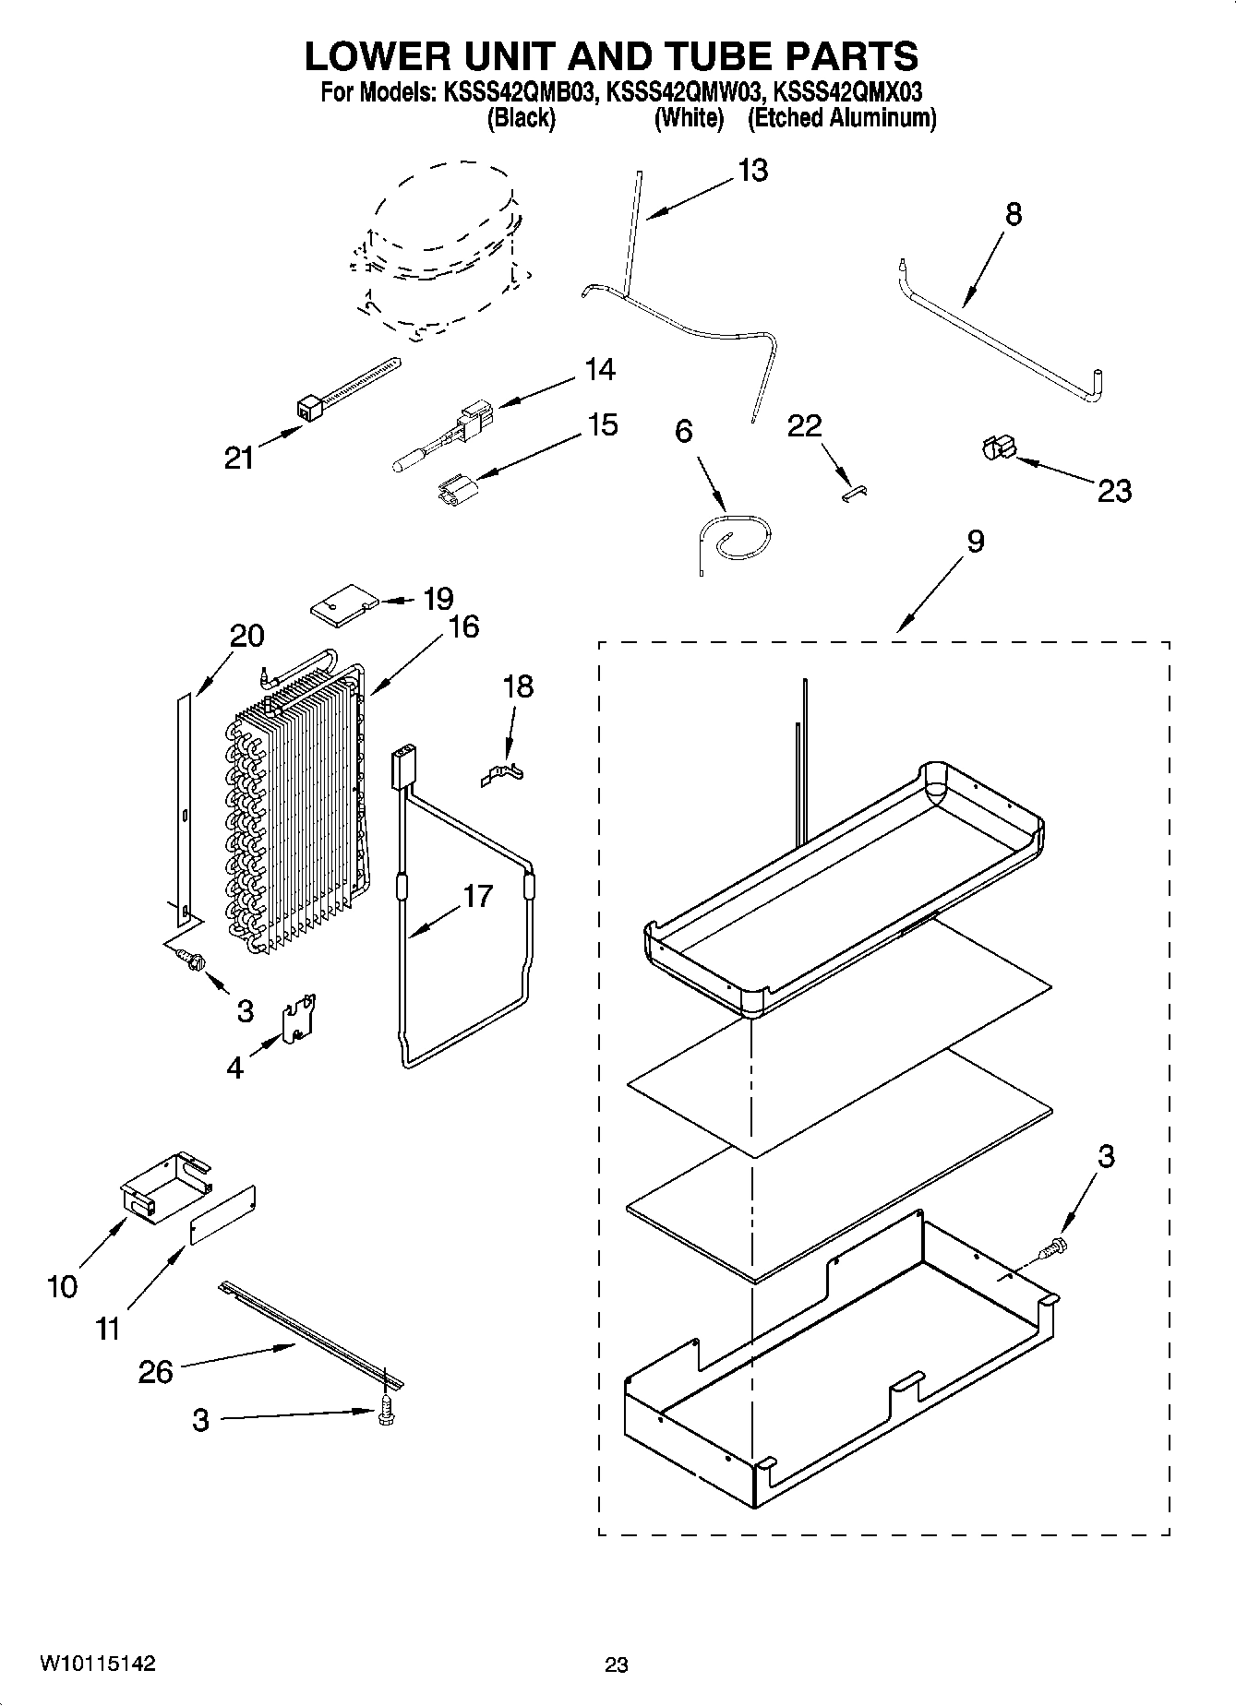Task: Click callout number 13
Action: [752, 172]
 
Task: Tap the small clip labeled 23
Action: [995, 448]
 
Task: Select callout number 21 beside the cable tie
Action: [239, 458]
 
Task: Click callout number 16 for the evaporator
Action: [463, 626]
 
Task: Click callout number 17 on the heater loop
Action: [477, 896]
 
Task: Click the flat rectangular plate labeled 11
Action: [222, 1215]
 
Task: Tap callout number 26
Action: [155, 1371]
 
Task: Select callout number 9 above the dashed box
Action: [975, 542]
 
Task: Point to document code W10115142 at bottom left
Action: [98, 1664]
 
